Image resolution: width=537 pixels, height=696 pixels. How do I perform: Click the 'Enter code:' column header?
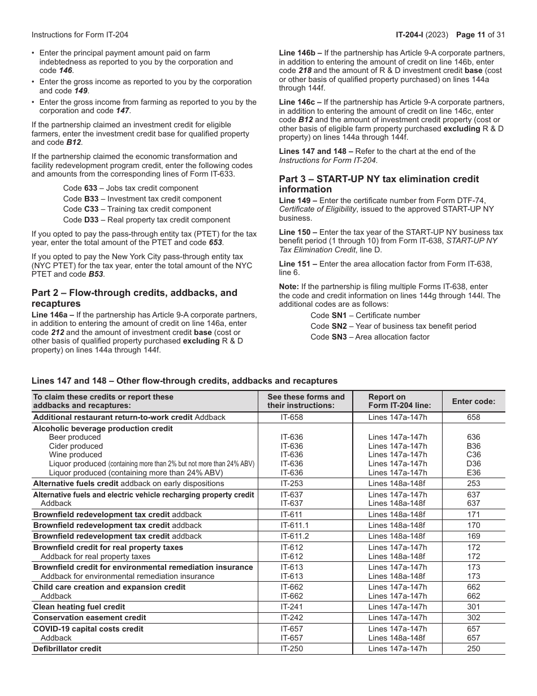coord(473,401)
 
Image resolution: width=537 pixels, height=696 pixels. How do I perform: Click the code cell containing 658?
coord(473,417)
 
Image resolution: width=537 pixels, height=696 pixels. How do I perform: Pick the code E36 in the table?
coord(473,472)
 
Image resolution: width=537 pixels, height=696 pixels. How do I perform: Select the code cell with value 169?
coord(473,536)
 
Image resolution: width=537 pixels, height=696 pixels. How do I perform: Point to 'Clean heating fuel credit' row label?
coord(79,607)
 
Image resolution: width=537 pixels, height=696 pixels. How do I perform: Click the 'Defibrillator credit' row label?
coord(67,648)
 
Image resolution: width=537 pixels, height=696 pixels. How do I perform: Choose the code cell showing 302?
coord(473,617)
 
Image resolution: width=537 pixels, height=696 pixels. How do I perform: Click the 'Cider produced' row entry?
coord(76,446)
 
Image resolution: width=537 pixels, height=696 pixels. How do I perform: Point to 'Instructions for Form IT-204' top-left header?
coord(80,35)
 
